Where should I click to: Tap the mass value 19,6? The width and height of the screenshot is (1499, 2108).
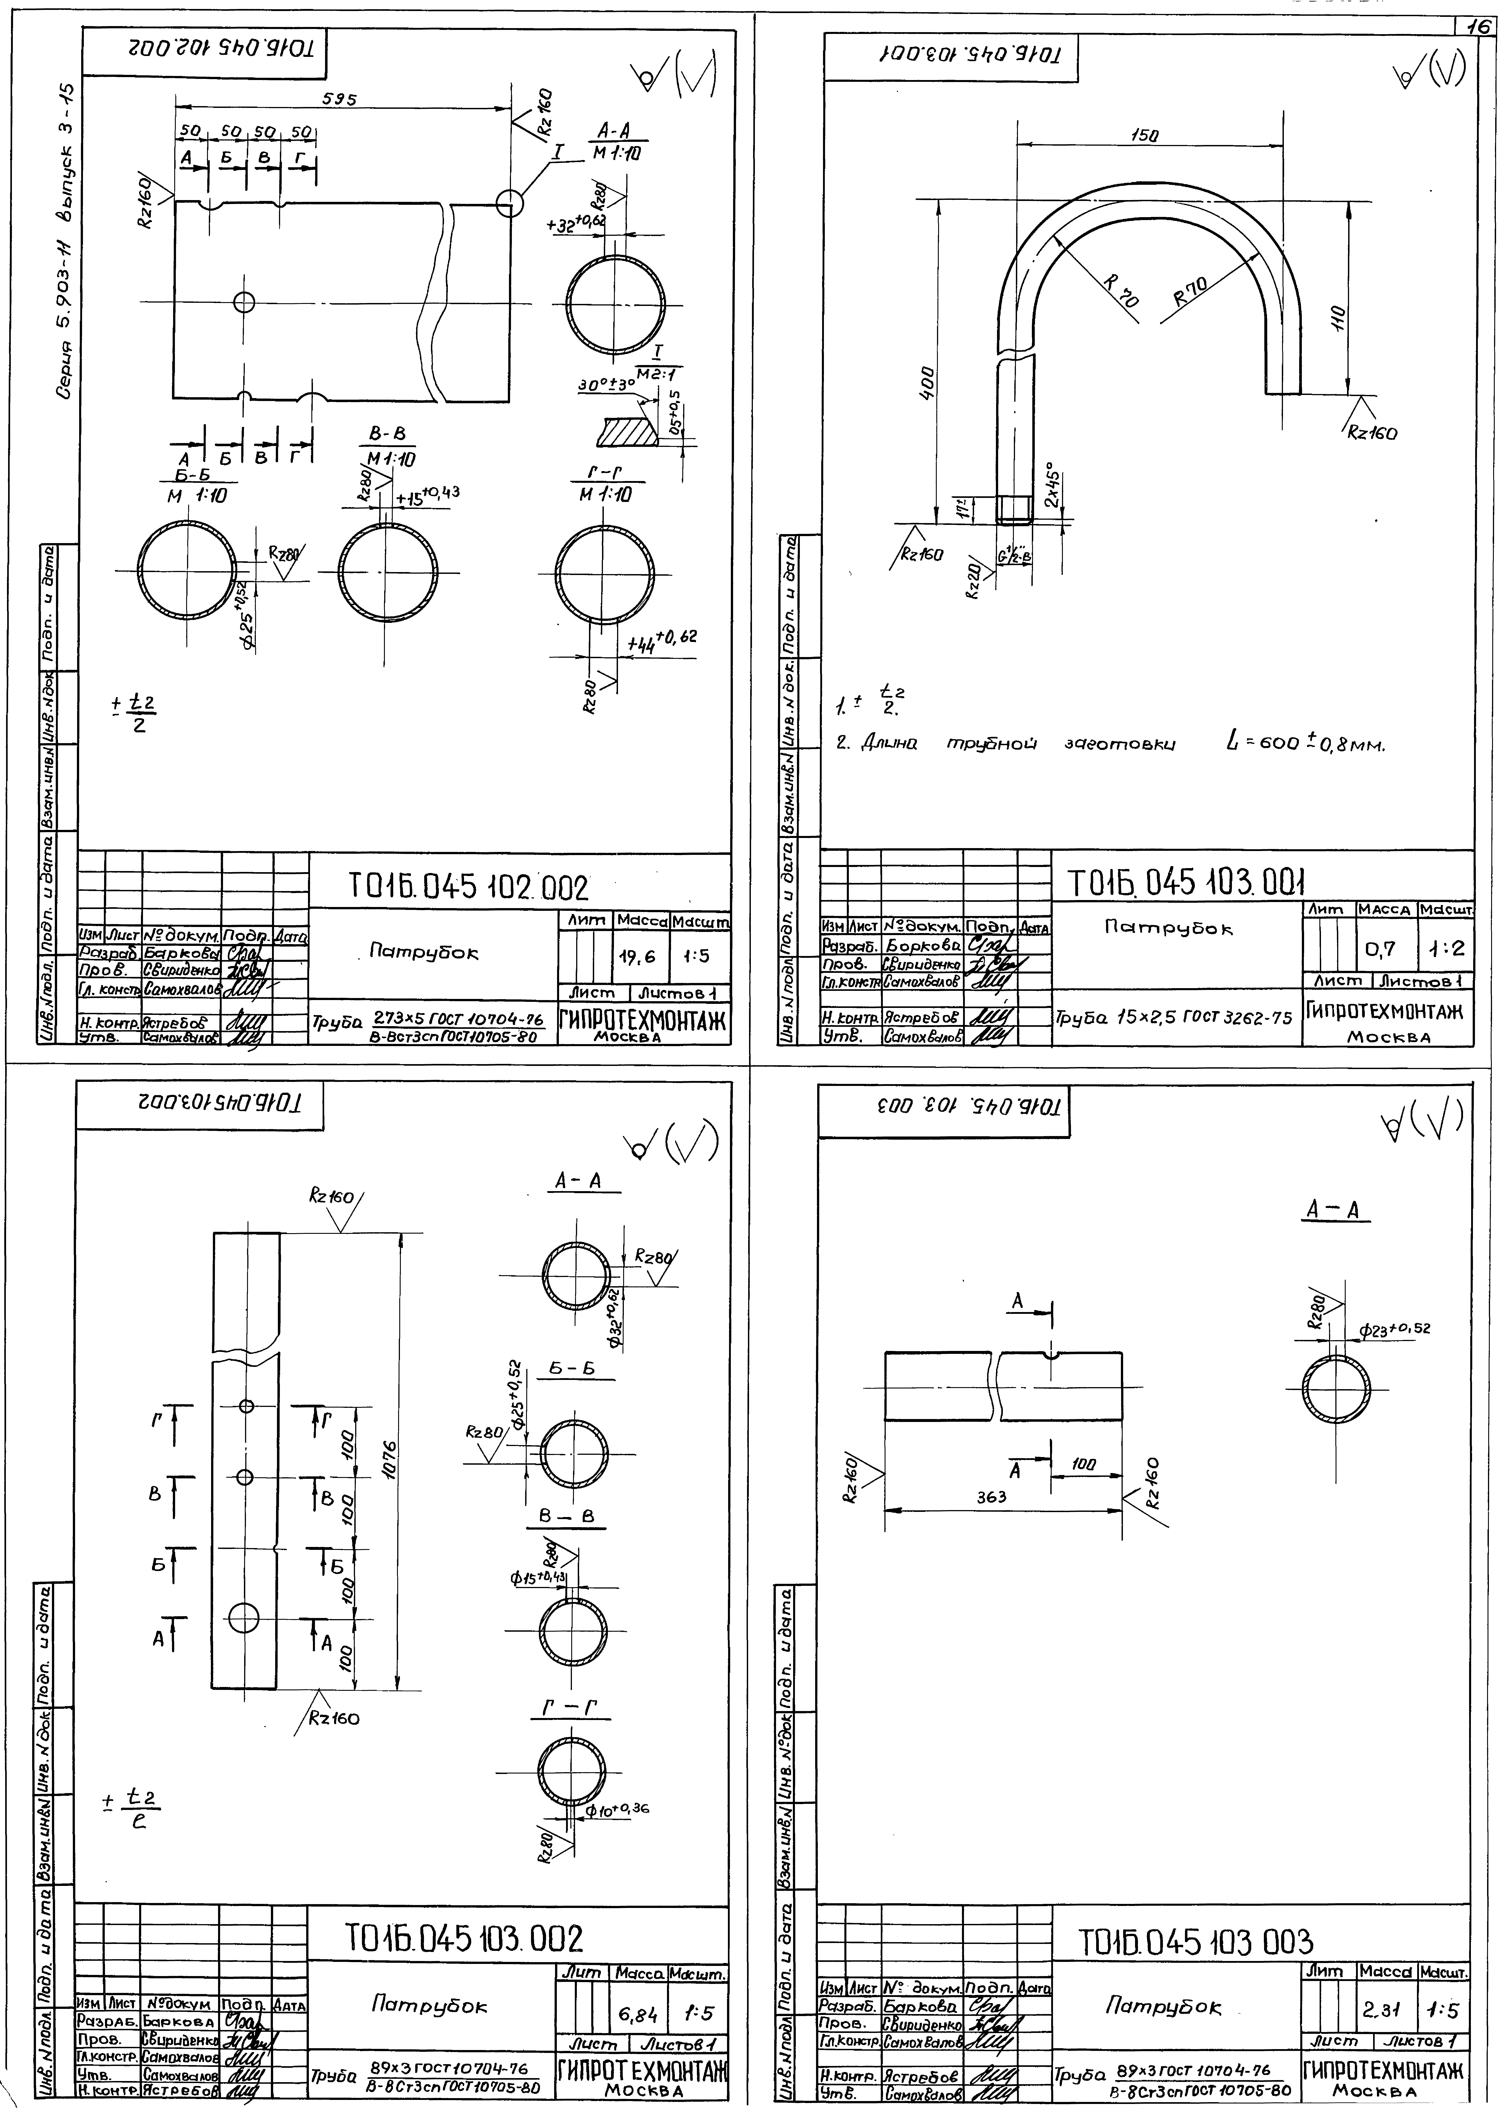coord(637,957)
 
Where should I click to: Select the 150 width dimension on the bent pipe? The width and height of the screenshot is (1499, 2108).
coord(1144,135)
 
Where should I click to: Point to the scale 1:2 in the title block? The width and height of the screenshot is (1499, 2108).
coord(1445,948)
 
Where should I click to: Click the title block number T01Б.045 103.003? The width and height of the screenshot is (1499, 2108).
coord(1195,1941)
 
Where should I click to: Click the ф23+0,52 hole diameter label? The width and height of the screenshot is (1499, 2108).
coord(1394,1330)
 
